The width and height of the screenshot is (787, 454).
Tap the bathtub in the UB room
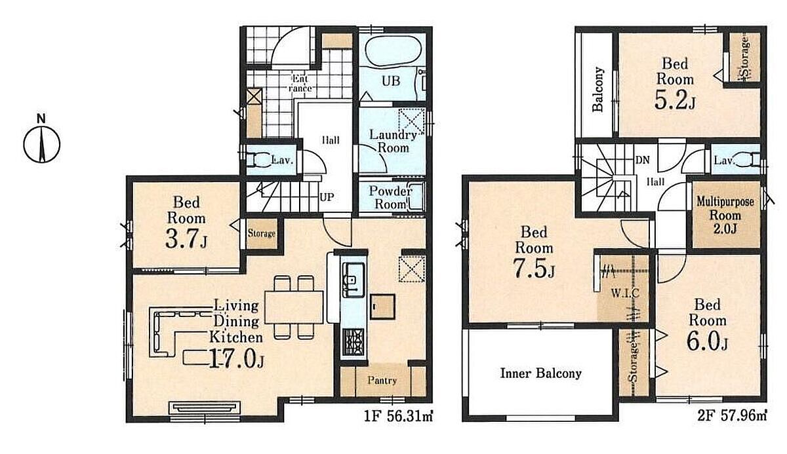(x=393, y=51)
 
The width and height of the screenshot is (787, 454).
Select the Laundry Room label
(x=393, y=141)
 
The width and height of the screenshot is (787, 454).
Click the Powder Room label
(x=390, y=198)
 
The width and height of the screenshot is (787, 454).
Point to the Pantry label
(x=382, y=381)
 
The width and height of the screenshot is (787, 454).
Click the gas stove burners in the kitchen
(x=353, y=341)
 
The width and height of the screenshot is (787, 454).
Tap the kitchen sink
(x=353, y=280)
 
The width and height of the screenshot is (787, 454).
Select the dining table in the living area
(x=294, y=307)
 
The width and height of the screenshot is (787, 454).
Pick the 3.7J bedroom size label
(x=186, y=239)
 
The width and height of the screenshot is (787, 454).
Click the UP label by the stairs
(x=327, y=197)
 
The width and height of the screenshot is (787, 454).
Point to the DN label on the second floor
(x=643, y=160)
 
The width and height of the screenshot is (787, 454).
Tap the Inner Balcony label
(x=540, y=373)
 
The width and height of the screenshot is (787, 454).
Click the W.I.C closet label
(x=626, y=293)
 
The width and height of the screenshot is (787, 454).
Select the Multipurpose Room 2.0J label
(x=725, y=215)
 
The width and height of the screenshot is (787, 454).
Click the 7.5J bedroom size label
(x=534, y=268)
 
